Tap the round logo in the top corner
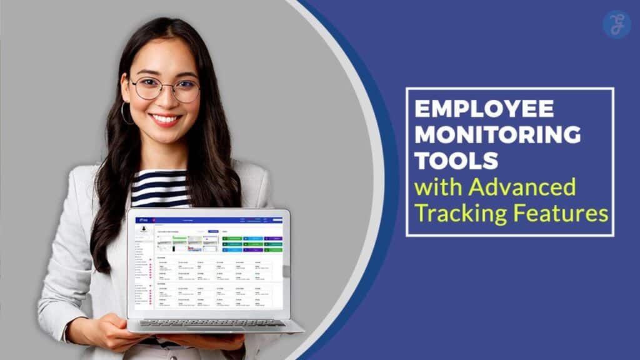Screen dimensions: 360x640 (x=616, y=24)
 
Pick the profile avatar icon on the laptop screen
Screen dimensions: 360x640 (x=144, y=229)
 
